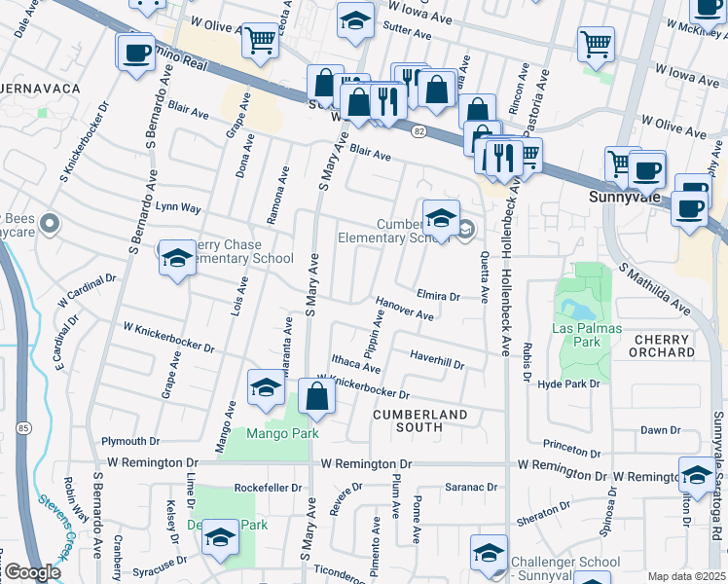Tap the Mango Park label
pyautogui.click(x=282, y=433)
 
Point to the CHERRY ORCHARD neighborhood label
pyautogui.click(x=661, y=346)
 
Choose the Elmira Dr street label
pyautogui.click(x=437, y=295)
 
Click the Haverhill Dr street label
pyautogui.click(x=437, y=359)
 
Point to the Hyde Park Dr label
pyautogui.click(x=569, y=384)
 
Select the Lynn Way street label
pyautogui.click(x=178, y=207)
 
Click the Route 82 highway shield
pyautogui.click(x=416, y=132)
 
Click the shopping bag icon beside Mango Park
pyautogui.click(x=316, y=397)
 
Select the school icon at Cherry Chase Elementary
pyautogui.click(x=176, y=258)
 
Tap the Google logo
pyautogui.click(x=32, y=572)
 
